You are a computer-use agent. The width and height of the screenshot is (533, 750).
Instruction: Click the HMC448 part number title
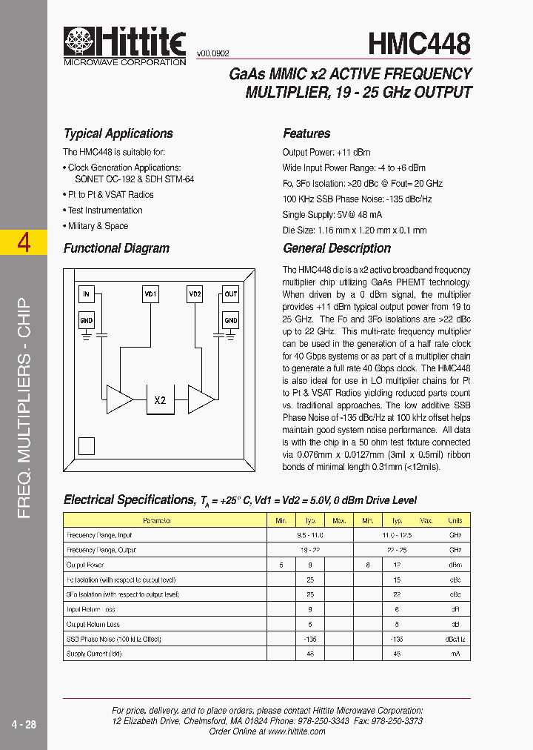[419, 44]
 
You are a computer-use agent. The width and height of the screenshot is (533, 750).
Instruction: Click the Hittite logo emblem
[78, 42]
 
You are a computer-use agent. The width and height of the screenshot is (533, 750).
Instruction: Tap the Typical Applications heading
[118, 133]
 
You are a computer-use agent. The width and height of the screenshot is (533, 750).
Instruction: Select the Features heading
[306, 133]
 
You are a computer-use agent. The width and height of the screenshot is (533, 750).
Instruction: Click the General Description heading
[337, 248]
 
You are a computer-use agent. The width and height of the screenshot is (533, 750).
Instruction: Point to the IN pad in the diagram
[87, 294]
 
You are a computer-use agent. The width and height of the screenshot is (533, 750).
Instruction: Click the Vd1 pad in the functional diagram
[150, 294]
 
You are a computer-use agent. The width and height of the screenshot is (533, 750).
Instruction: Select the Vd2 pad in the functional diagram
[195, 294]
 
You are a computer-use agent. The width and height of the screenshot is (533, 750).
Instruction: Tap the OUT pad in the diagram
[231, 294]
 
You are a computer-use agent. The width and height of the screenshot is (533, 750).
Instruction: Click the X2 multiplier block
[160, 400]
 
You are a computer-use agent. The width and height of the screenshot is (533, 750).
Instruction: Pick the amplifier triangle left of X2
[118, 399]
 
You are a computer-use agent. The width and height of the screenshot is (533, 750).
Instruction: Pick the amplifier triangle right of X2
[200, 399]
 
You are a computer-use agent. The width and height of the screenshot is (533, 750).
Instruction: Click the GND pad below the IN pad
[87, 320]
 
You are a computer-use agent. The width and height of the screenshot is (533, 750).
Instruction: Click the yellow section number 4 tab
[24, 242]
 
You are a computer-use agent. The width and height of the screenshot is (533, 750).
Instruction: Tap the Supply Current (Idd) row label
[94, 654]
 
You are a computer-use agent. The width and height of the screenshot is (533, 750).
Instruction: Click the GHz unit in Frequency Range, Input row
[455, 535]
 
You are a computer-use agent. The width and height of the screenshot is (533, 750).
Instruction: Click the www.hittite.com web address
[296, 731]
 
